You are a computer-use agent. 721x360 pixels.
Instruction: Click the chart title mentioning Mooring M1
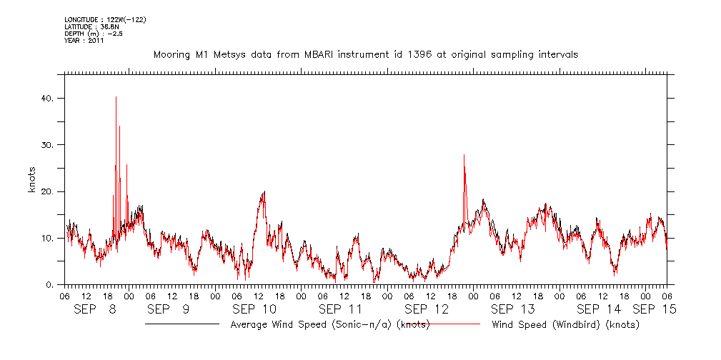click(x=366, y=54)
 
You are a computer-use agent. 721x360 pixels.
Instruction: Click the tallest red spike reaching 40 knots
click(x=116, y=97)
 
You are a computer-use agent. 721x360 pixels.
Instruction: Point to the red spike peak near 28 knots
click(x=464, y=155)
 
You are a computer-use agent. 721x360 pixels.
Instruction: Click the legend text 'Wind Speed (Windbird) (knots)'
click(x=565, y=325)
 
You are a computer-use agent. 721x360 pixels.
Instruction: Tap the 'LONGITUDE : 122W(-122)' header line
click(x=106, y=19)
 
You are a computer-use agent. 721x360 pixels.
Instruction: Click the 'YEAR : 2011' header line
click(x=84, y=40)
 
